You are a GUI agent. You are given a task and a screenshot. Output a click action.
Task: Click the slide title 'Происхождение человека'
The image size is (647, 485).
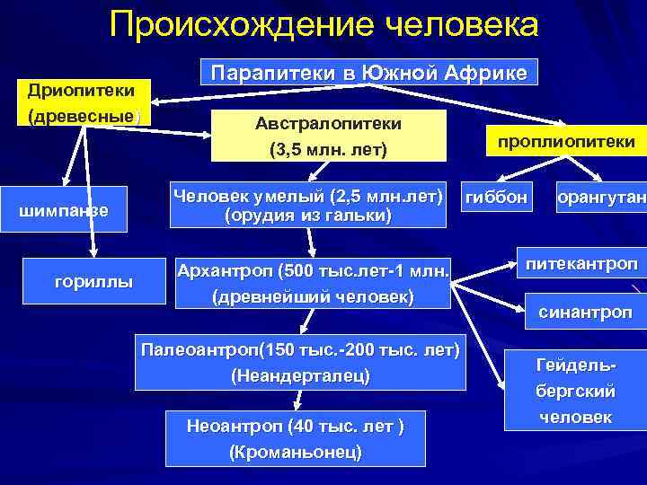click(323, 24)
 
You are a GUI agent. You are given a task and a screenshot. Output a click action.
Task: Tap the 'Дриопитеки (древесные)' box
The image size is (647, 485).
click(82, 104)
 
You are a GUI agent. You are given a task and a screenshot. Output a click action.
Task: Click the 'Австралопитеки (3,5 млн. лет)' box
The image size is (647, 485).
click(328, 137)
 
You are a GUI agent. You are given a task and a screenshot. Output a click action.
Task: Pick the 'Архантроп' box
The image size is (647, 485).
click(313, 283)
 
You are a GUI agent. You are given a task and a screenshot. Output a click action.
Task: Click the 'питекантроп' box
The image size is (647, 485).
click(581, 264)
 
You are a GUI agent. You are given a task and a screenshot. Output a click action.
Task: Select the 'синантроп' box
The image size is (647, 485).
click(585, 312)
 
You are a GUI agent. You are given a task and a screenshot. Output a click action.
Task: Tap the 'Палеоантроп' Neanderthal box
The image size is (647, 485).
click(300, 364)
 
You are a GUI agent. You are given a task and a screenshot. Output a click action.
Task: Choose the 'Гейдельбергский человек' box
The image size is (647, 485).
click(576, 392)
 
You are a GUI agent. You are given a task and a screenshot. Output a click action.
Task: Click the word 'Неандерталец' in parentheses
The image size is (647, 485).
click(300, 376)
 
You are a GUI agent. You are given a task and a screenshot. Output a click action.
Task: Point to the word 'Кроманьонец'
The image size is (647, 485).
click(296, 452)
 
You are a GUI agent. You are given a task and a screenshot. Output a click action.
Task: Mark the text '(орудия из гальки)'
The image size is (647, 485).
click(308, 216)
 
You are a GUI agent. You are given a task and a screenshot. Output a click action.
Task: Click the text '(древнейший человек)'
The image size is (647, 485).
click(312, 295)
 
